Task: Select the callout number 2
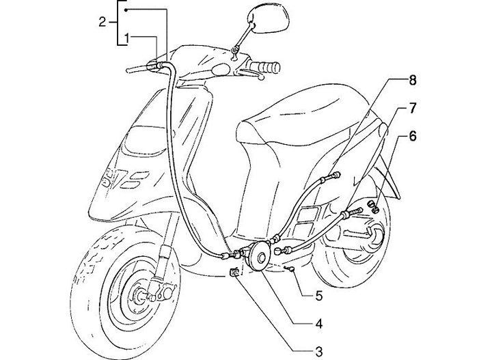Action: pyautogui.click(x=102, y=22)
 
